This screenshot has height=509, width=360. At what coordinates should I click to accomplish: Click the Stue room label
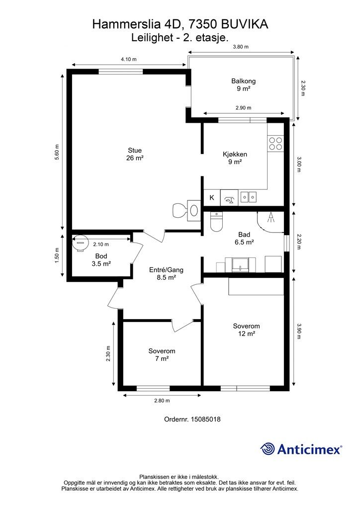pyautogui.click(x=135, y=150)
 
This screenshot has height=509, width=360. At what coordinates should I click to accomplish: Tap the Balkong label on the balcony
pyautogui.click(x=244, y=81)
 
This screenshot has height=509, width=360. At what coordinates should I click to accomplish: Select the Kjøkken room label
pyautogui.click(x=235, y=154)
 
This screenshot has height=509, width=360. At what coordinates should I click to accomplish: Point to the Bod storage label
pyautogui.click(x=101, y=256)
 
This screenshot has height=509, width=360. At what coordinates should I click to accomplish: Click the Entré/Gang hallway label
pyautogui.click(x=166, y=270)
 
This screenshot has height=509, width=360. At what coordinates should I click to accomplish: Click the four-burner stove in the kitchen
pyautogui.click(x=275, y=144)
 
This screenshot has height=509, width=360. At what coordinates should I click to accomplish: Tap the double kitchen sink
pyautogui.click(x=249, y=197)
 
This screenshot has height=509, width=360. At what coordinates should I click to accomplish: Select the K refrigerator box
pyautogui.click(x=212, y=197)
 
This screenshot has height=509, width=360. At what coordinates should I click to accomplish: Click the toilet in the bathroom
pyautogui.click(x=216, y=221)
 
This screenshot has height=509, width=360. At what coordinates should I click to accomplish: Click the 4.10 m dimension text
pyautogui.click(x=129, y=59)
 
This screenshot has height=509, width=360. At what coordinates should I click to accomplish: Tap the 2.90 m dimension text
pyautogui.click(x=244, y=108)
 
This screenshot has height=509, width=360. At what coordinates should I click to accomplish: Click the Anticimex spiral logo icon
pyautogui.click(x=268, y=449)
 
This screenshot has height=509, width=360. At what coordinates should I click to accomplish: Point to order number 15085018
pyautogui.click(x=205, y=419)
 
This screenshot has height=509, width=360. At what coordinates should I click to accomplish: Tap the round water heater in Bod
pyautogui.click(x=80, y=243)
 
